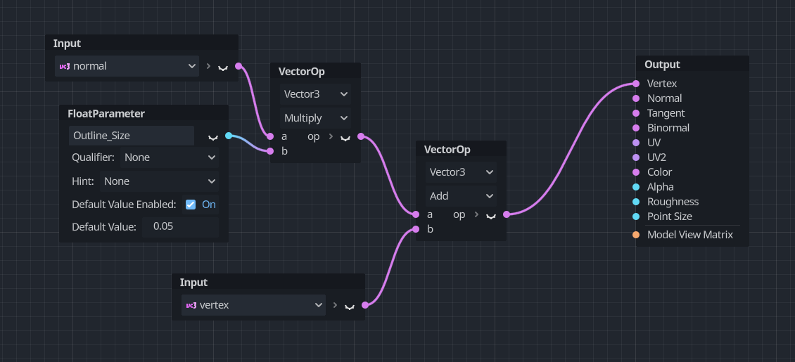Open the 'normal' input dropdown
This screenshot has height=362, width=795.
click(x=127, y=66)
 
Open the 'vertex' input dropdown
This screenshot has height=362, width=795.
click(x=253, y=305)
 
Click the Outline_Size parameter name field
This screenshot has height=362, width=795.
click(x=131, y=136)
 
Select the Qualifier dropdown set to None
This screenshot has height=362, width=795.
click(x=168, y=157)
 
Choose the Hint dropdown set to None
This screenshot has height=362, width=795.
click(x=159, y=181)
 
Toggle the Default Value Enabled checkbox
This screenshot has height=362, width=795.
click(x=191, y=205)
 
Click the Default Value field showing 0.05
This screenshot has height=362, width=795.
click(x=179, y=226)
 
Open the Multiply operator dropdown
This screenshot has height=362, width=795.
click(x=315, y=118)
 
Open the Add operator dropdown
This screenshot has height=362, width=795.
click(x=461, y=196)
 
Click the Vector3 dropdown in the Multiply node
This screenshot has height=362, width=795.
click(x=315, y=93)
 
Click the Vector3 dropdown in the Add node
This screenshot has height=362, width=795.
click(x=461, y=172)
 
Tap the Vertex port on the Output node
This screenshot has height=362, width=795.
click(x=636, y=84)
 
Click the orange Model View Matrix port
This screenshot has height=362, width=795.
click(x=636, y=235)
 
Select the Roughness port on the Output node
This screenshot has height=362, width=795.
click(x=636, y=202)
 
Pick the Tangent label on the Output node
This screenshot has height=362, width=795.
click(x=666, y=113)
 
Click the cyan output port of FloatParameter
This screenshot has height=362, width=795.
click(x=229, y=136)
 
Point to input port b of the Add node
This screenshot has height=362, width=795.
click(x=416, y=229)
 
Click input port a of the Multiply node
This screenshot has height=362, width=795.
click(x=269, y=136)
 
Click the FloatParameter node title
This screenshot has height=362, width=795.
click(x=106, y=113)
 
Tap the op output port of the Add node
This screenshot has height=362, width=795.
click(x=506, y=214)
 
